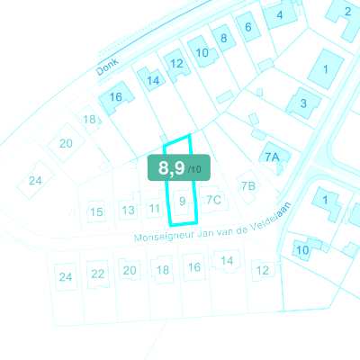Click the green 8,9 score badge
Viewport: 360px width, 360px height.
point(179,167)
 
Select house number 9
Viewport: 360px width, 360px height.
point(182,202)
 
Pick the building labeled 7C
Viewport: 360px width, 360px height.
point(213,200)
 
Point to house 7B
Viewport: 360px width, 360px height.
point(248,186)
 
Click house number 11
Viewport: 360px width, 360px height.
point(155,208)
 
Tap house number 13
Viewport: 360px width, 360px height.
point(129,210)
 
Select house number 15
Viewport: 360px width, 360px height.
point(96,211)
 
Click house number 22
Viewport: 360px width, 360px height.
point(97,274)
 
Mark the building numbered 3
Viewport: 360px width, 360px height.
point(303,103)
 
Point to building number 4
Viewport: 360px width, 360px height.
point(280,14)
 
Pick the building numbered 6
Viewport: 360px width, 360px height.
point(248,27)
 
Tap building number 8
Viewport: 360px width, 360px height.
point(224,38)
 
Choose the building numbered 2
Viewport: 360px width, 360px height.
point(345,16)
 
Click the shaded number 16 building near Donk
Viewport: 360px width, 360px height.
point(116,97)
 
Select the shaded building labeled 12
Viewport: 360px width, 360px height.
point(176,65)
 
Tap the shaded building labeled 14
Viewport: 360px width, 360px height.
point(152,79)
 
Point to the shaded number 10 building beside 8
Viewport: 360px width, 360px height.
point(202,51)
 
